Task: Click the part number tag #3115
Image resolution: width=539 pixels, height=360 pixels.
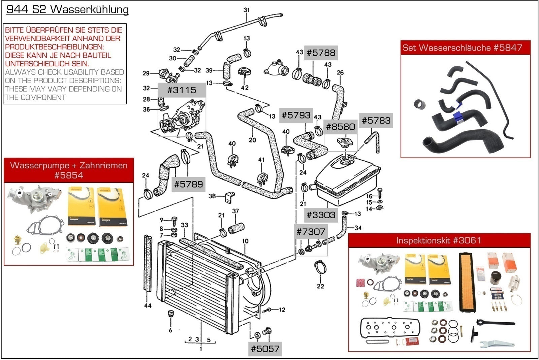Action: [x=182, y=90]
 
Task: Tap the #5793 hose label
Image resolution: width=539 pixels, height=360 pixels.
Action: [x=296, y=115]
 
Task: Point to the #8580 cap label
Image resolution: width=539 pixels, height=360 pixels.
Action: [x=340, y=127]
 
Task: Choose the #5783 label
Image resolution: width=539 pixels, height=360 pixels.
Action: [x=376, y=121]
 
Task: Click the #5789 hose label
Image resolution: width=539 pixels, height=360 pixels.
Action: [x=188, y=184]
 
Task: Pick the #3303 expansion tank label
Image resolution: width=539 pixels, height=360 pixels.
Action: [x=321, y=215]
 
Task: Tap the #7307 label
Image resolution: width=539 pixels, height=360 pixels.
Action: [x=311, y=231]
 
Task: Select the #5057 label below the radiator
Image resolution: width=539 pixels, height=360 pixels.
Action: [x=265, y=349]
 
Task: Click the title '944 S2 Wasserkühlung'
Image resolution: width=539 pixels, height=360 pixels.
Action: [x=68, y=9]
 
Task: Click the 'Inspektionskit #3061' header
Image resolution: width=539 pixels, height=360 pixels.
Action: [x=439, y=240]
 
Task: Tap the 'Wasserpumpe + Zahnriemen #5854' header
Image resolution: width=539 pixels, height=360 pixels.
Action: [x=69, y=170]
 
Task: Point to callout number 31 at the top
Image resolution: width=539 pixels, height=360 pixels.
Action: [x=246, y=10]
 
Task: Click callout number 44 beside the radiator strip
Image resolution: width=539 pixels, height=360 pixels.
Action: [x=148, y=306]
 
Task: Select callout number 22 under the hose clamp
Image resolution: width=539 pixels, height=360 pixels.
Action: [x=320, y=286]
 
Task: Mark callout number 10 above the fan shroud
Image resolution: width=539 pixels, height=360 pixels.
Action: [x=245, y=241]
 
